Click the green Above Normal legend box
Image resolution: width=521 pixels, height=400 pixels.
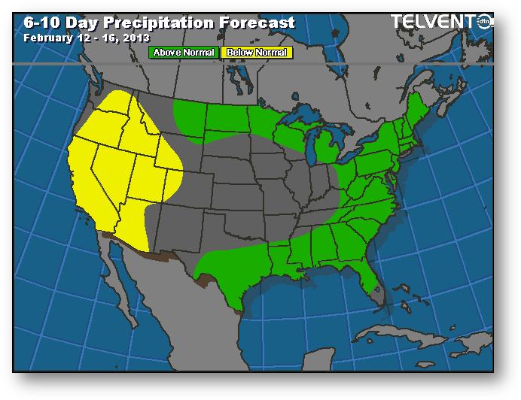tap(184, 53)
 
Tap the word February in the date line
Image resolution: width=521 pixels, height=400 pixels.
tap(45, 37)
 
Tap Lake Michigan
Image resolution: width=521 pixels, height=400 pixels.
tap(313, 147)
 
